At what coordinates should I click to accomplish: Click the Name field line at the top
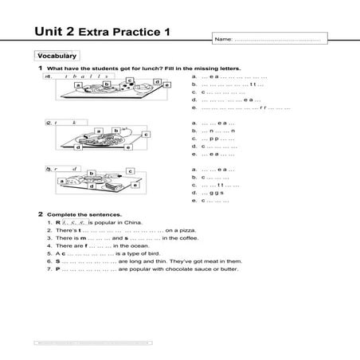[275, 39]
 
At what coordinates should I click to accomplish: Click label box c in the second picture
[147, 135]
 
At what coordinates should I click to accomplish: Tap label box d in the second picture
[80, 147]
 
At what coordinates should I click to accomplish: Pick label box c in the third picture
[129, 170]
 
